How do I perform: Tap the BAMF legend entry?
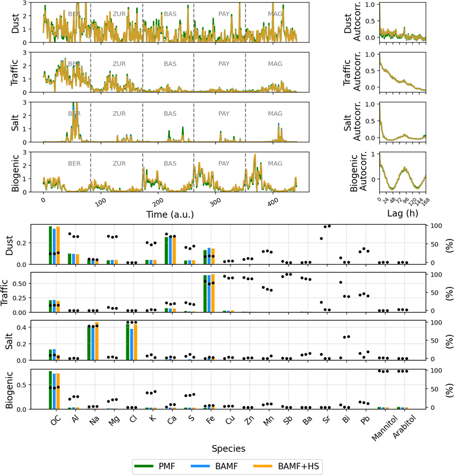(x=221, y=465)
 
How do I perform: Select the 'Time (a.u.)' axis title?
(x=170, y=214)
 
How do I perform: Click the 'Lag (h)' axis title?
(x=402, y=214)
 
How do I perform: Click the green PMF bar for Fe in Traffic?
(x=205, y=294)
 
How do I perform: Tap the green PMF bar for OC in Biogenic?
(x=51, y=390)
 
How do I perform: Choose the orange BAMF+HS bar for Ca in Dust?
(x=173, y=249)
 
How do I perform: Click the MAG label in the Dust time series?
(x=275, y=13)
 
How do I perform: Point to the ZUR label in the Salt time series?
(x=119, y=114)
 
